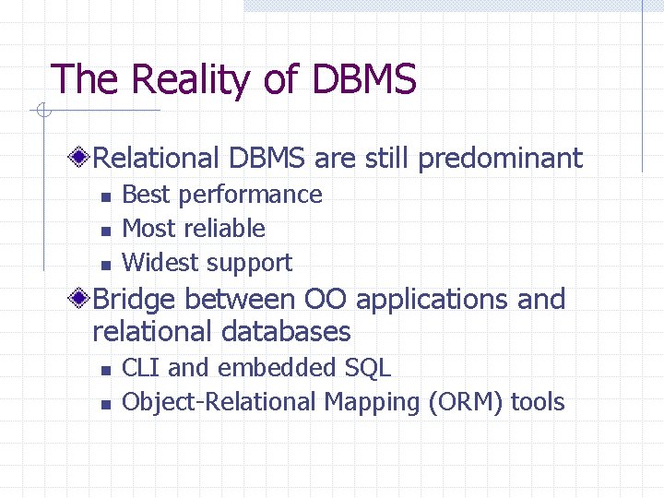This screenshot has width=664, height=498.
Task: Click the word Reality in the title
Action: click(x=190, y=80)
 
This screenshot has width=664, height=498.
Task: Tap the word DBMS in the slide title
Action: click(x=364, y=80)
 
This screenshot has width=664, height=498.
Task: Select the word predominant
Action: click(x=501, y=159)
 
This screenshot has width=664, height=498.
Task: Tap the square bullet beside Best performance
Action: click(x=105, y=196)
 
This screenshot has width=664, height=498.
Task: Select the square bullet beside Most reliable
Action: click(x=105, y=230)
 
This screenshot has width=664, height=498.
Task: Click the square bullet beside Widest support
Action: click(x=105, y=264)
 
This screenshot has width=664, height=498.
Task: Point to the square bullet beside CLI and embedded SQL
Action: click(x=105, y=369)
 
